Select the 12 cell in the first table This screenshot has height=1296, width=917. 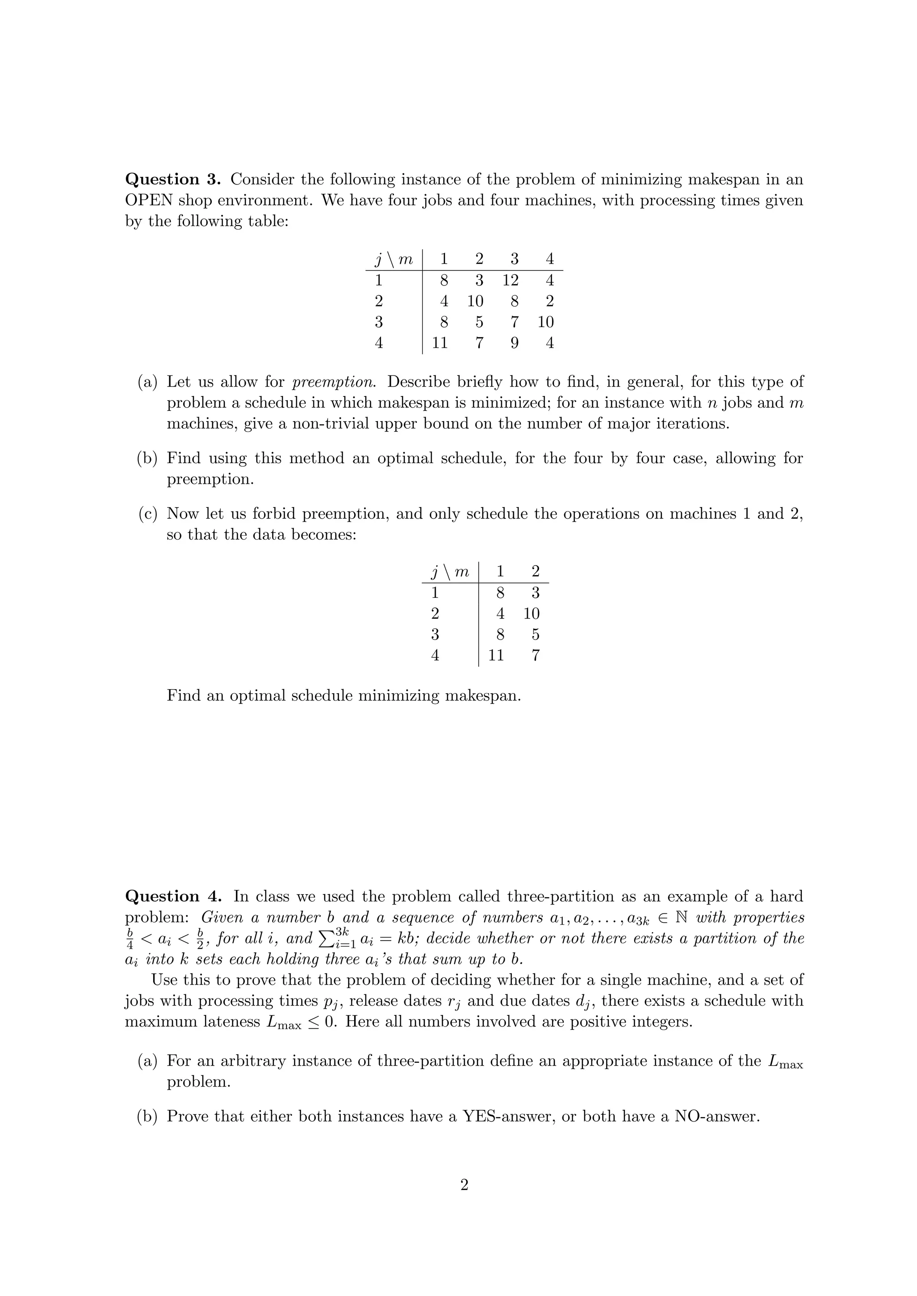pyautogui.click(x=510, y=280)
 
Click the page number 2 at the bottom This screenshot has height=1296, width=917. pyautogui.click(x=464, y=1185)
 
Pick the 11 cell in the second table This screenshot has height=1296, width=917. pyautogui.click(x=495, y=655)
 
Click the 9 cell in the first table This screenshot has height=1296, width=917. pyautogui.click(x=514, y=343)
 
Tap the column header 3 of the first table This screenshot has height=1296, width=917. pyautogui.click(x=514, y=259)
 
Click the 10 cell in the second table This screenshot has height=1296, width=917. pyautogui.click(x=531, y=614)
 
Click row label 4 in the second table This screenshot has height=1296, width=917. pyautogui.click(x=435, y=655)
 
